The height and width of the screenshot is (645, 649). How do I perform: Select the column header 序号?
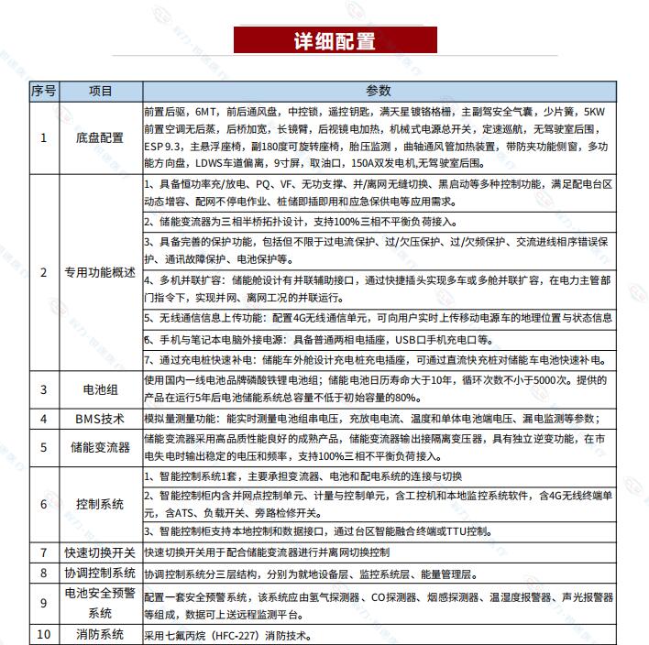click(43, 91)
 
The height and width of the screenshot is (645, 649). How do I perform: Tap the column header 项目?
click(100, 91)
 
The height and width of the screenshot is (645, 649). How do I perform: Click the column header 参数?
click(378, 91)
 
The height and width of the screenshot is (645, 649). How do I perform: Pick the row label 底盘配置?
click(100, 137)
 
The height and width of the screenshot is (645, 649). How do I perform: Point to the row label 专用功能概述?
click(100, 273)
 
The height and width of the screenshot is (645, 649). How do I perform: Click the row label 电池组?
click(100, 389)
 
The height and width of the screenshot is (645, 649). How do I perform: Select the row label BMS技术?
click(100, 419)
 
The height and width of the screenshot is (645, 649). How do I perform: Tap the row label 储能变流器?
click(100, 448)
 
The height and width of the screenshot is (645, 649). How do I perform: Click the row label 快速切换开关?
click(100, 552)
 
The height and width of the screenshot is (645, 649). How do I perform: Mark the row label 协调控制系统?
click(100, 574)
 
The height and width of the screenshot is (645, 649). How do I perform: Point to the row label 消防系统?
click(100, 635)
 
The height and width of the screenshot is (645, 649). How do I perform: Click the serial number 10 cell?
click(43, 635)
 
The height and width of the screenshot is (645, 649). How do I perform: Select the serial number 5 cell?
click(43, 448)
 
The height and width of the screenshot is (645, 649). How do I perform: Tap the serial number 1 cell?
click(43, 137)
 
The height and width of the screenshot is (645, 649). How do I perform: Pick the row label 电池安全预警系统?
click(100, 604)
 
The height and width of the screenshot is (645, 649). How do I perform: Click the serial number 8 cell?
click(43, 574)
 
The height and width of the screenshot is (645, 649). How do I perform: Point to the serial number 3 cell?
click(43, 389)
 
